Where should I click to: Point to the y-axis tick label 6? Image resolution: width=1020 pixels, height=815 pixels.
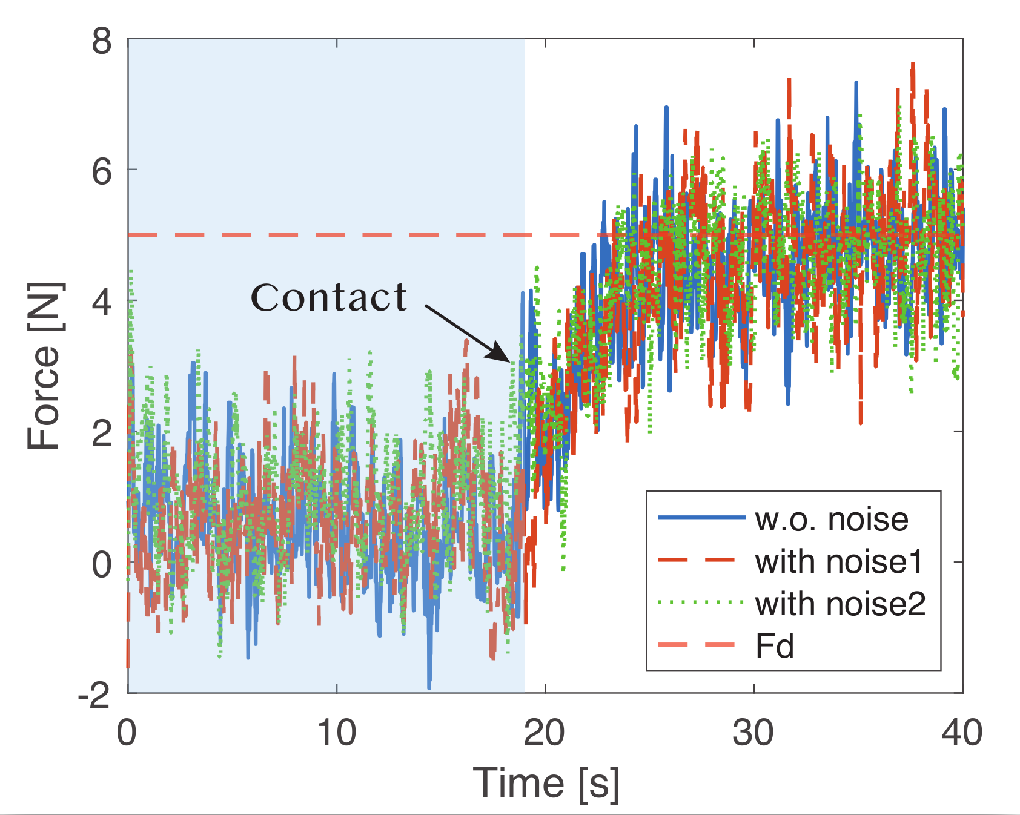point(102,172)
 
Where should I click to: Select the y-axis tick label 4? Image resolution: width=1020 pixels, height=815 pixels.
point(102,302)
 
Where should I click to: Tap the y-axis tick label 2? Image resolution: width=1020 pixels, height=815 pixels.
point(102,432)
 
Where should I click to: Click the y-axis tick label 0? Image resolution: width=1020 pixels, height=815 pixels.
point(102,564)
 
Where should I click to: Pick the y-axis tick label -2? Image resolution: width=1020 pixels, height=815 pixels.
point(94,696)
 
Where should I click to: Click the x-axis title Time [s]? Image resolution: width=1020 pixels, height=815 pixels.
point(546,783)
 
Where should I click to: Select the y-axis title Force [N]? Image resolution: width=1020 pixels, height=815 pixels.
point(45,366)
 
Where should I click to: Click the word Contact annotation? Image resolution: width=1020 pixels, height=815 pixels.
point(329,298)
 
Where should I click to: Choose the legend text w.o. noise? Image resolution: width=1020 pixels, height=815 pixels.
point(832,519)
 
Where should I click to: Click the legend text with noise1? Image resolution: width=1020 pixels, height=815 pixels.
point(839,561)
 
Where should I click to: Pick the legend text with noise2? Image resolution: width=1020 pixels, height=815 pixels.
point(840,604)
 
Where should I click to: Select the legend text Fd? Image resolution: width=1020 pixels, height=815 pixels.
point(775,645)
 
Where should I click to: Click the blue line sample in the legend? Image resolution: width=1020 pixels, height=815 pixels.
point(701,517)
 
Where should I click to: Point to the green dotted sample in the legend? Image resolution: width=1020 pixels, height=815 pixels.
point(701,602)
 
